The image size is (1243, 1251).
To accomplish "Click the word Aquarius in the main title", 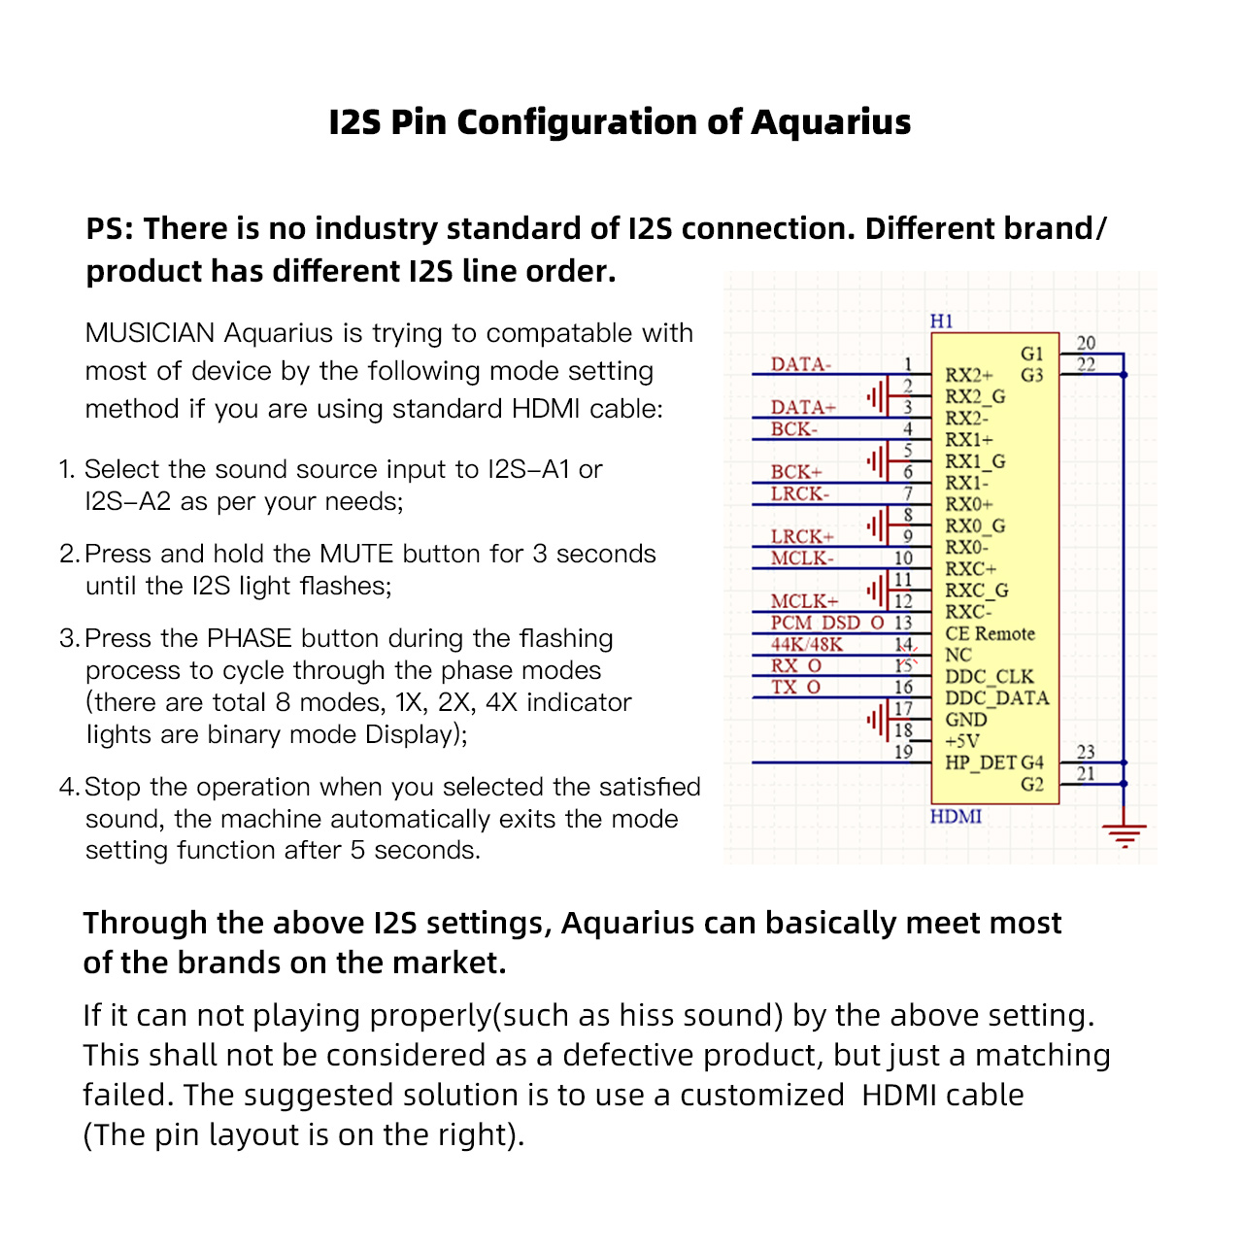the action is (x=830, y=123).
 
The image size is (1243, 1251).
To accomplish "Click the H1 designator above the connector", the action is (x=941, y=321).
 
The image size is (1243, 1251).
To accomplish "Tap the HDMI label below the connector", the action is (x=956, y=816).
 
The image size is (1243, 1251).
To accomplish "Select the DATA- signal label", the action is (x=800, y=364).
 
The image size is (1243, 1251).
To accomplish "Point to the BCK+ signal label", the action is (x=796, y=472).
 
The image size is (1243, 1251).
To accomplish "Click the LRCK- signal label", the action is (x=799, y=493).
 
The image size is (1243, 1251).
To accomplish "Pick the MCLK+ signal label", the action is (x=804, y=601).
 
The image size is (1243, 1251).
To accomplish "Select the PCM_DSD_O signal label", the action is (x=827, y=623).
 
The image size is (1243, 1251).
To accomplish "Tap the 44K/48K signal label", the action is (x=806, y=644).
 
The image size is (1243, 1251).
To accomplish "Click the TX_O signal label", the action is (x=795, y=687).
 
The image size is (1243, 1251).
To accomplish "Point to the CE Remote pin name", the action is (x=990, y=633).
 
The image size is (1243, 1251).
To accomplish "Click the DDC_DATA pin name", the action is (x=997, y=698).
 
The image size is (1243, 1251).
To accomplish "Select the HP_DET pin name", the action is (x=980, y=762).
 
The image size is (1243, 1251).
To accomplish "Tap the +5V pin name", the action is (x=962, y=741).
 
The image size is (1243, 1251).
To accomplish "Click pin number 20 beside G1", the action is (x=1086, y=343).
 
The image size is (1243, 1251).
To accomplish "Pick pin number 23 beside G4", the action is (x=1086, y=752).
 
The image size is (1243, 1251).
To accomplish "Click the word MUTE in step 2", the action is (x=356, y=554).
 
